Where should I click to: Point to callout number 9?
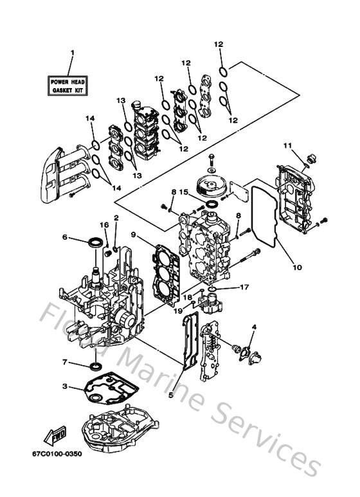pyautogui.click(x=133, y=235)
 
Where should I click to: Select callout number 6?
pyautogui.click(x=65, y=237)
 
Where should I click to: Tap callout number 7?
pyautogui.click(x=66, y=363)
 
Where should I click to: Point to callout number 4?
pyautogui.click(x=254, y=327)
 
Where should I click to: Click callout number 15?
pyautogui.click(x=183, y=192)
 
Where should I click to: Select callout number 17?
pyautogui.click(x=243, y=287)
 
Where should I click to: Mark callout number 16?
pyautogui.click(x=104, y=224)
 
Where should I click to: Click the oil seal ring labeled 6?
pyautogui.click(x=94, y=242)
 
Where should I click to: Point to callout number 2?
pyautogui.click(x=116, y=219)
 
